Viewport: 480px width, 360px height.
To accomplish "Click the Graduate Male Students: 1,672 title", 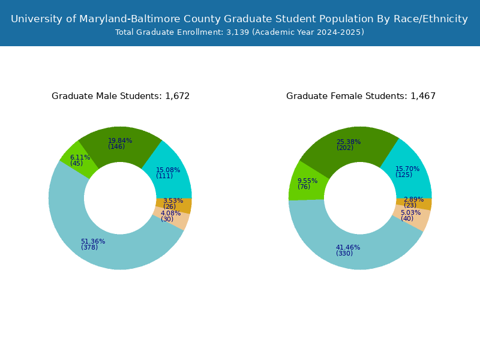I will click(121, 96).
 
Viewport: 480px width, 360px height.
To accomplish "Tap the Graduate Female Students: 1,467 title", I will click(361, 96).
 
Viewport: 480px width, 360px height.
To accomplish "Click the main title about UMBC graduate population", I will click(239, 19).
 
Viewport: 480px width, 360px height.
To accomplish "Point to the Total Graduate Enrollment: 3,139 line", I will click(239, 32).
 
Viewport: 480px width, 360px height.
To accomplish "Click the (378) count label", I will click(89, 247).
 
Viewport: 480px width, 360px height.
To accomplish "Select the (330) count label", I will click(344, 253).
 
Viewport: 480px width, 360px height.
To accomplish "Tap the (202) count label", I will click(345, 148).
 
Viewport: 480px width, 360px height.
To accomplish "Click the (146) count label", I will click(116, 146).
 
